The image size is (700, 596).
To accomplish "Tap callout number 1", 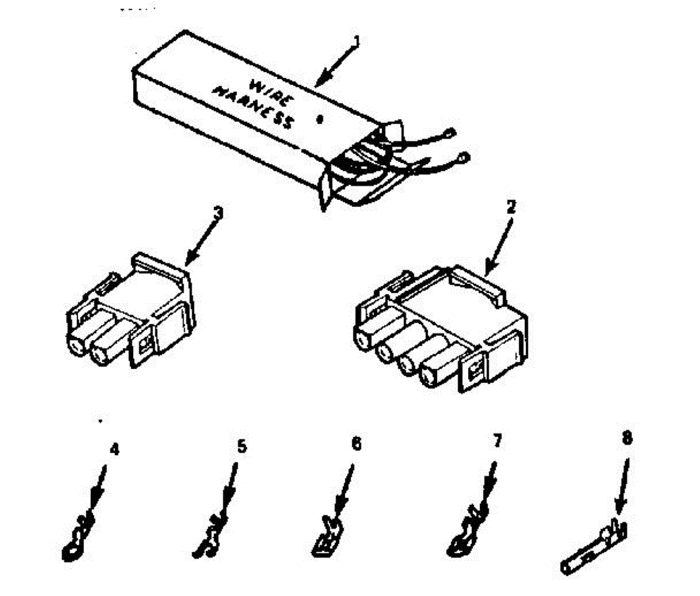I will (x=357, y=42).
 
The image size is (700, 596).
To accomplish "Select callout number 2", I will (x=510, y=206).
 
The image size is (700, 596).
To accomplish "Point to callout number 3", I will (x=218, y=213).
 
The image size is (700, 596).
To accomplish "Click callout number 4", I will (x=115, y=450).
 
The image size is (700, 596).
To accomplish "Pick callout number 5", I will (x=242, y=447).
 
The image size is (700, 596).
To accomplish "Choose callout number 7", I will (x=496, y=441).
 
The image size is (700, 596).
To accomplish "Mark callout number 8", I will (x=627, y=438).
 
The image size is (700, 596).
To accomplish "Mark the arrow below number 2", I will (x=499, y=245).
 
